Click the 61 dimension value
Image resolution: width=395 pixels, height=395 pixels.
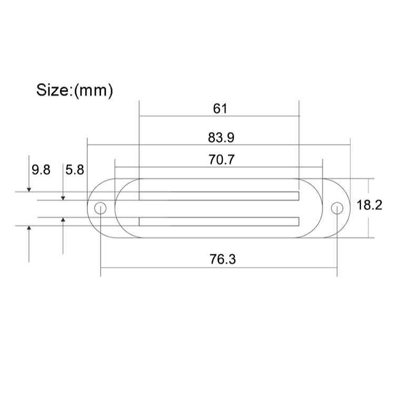[220, 108]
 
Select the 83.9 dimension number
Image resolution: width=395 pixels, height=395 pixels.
[221, 137]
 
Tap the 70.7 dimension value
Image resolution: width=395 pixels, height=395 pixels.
[221, 160]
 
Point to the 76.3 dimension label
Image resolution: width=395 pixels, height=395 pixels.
[223, 259]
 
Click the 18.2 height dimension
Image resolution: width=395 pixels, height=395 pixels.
[369, 205]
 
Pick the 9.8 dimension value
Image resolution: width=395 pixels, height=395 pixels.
[41, 170]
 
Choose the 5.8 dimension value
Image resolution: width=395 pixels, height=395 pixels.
[75, 170]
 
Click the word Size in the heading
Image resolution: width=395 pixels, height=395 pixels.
[53, 90]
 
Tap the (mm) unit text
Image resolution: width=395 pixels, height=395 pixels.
[93, 91]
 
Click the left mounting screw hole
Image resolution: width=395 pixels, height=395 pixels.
[100, 209]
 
